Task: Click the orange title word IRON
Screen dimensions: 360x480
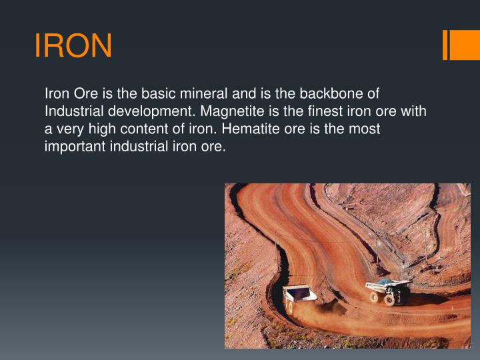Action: coord(73,46)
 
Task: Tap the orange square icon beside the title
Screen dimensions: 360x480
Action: coord(460,45)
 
